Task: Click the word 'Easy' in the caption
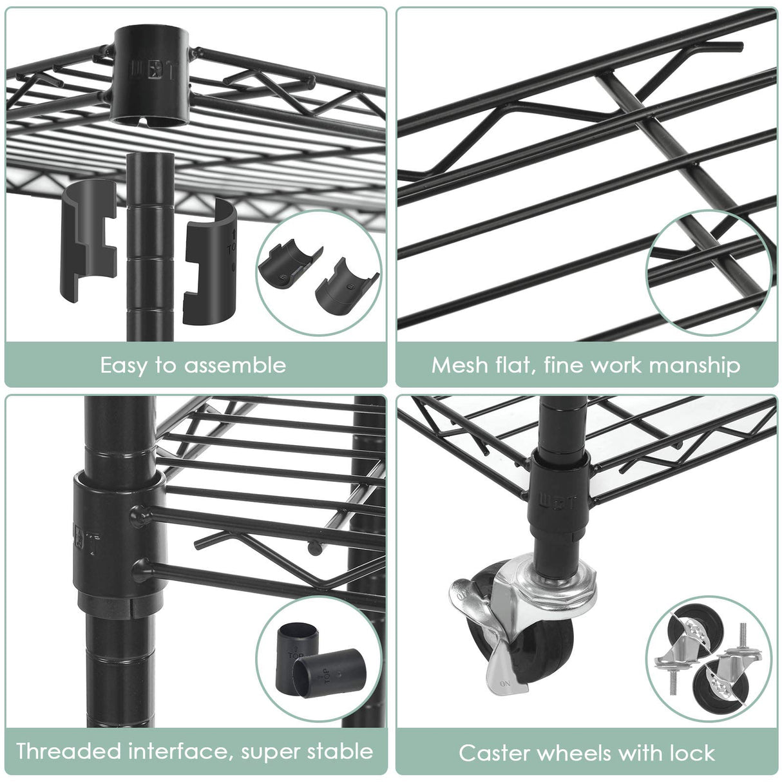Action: tap(123, 365)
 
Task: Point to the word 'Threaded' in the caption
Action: tap(68, 751)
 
